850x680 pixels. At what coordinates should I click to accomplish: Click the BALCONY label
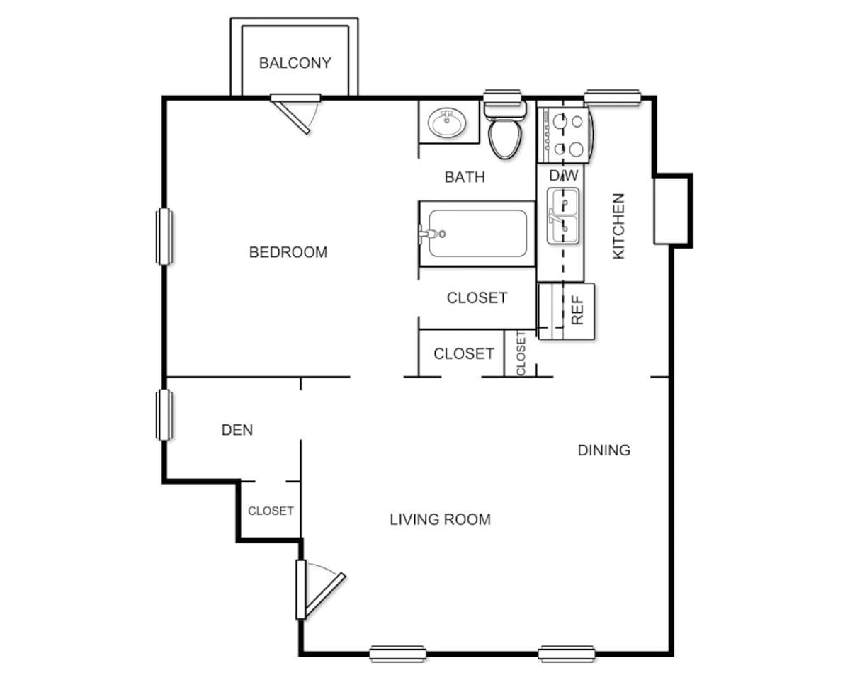[x=295, y=62]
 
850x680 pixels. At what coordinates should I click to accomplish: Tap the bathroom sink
[x=447, y=123]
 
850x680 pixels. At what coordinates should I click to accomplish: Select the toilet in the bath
[x=505, y=131]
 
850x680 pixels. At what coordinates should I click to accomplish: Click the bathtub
[x=477, y=233]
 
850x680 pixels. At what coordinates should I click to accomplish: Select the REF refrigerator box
[x=567, y=310]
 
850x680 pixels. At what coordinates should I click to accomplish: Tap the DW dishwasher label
[x=564, y=175]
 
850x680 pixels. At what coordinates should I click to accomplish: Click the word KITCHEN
[x=618, y=225]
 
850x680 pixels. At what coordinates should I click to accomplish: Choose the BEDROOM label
[x=288, y=251]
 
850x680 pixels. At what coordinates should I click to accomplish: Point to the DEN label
[x=237, y=429]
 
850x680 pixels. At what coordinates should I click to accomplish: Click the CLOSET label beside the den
[x=271, y=510]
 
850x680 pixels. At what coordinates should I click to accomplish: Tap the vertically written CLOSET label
[x=521, y=353]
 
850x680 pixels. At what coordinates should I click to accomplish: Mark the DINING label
[x=603, y=450]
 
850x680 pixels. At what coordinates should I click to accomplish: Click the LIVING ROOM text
[x=440, y=519]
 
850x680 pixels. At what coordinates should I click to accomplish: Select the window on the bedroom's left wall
[x=164, y=237]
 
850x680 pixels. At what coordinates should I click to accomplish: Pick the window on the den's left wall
[x=164, y=414]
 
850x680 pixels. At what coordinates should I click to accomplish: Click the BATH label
[x=465, y=176]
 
